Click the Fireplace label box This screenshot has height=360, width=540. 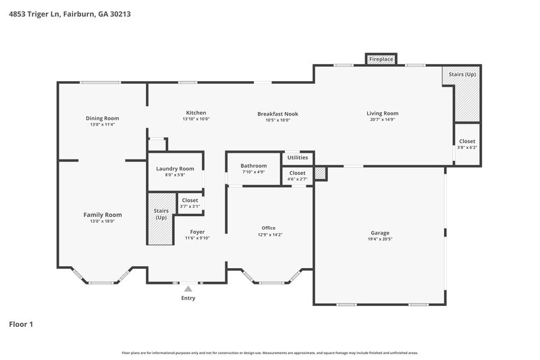[x=381, y=60]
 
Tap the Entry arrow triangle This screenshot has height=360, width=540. [x=188, y=288]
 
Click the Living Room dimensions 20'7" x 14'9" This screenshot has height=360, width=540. [x=382, y=120]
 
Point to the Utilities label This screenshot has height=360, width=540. [x=298, y=157]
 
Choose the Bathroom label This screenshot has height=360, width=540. [x=254, y=165]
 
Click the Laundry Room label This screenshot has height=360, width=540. [x=175, y=169]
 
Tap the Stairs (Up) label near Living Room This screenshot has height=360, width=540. [x=462, y=74]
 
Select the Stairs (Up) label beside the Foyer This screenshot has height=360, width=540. [x=161, y=214]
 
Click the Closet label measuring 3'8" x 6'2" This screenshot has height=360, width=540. [x=467, y=141]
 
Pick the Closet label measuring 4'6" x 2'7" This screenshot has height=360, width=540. [x=298, y=173]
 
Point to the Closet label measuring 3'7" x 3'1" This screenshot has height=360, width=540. [x=190, y=200]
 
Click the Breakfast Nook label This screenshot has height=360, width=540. [x=277, y=113]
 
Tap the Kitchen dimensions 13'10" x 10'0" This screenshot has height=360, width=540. [x=196, y=119]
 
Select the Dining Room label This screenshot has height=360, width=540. [x=102, y=118]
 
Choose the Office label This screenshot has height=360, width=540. [x=269, y=228]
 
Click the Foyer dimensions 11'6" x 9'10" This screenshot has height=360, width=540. [x=197, y=238]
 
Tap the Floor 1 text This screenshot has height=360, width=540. [x=20, y=324]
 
